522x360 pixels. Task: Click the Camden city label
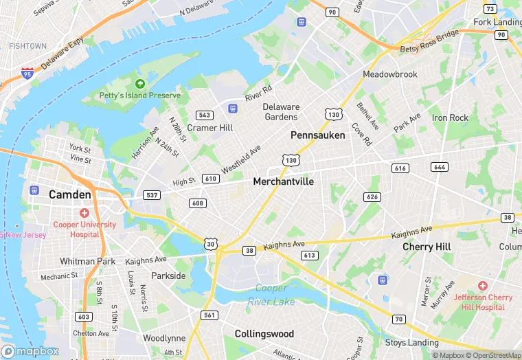[69, 194]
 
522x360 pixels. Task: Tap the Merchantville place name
[283, 181]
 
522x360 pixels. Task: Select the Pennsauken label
[317, 135]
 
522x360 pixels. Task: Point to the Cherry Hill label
[427, 247]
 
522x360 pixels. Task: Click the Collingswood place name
[264, 334]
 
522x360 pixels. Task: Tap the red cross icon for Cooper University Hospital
[84, 213]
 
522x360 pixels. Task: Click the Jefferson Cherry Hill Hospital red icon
[482, 284]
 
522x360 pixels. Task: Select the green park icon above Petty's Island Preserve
[140, 83]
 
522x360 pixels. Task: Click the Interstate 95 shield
[27, 72]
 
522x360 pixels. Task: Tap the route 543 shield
[204, 115]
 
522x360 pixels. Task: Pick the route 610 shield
[210, 179]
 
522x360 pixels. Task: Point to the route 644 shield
[440, 168]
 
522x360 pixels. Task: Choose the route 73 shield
[490, 9]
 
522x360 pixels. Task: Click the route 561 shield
[209, 315]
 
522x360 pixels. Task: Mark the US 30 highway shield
[211, 243]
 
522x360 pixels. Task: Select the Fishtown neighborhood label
[27, 46]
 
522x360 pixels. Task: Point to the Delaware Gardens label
[281, 112]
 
